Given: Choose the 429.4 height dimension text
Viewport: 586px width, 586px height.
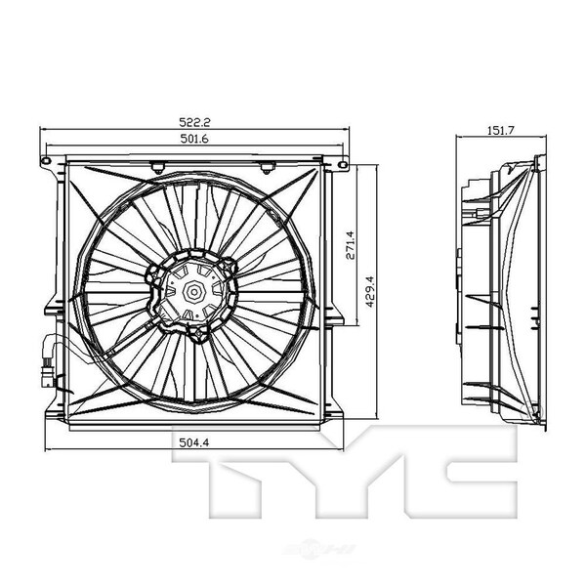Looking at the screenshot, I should point(369,289).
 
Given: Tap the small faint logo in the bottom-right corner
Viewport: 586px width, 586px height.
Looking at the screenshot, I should point(537,576).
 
